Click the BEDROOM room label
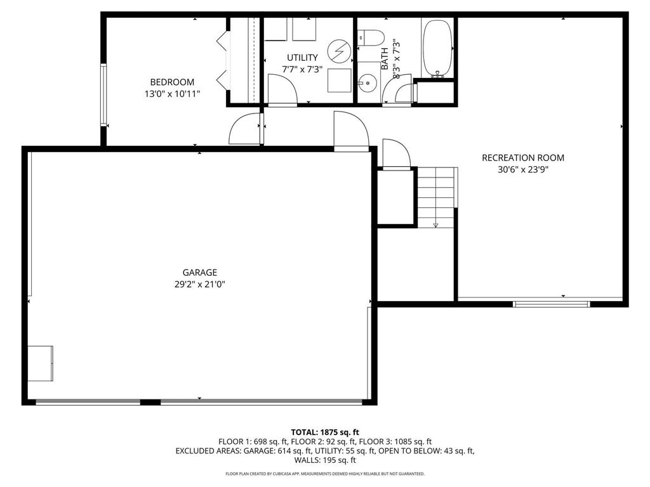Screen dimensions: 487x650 (172, 82)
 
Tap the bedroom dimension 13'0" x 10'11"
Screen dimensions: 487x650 (172, 94)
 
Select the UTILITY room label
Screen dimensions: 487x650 (302, 58)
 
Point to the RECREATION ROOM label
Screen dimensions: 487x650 (522, 158)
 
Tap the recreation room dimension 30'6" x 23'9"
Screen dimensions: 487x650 (522, 170)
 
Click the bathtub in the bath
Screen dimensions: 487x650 (437, 48)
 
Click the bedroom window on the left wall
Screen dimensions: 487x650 (103, 94)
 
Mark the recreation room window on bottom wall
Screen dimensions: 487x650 (551, 304)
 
